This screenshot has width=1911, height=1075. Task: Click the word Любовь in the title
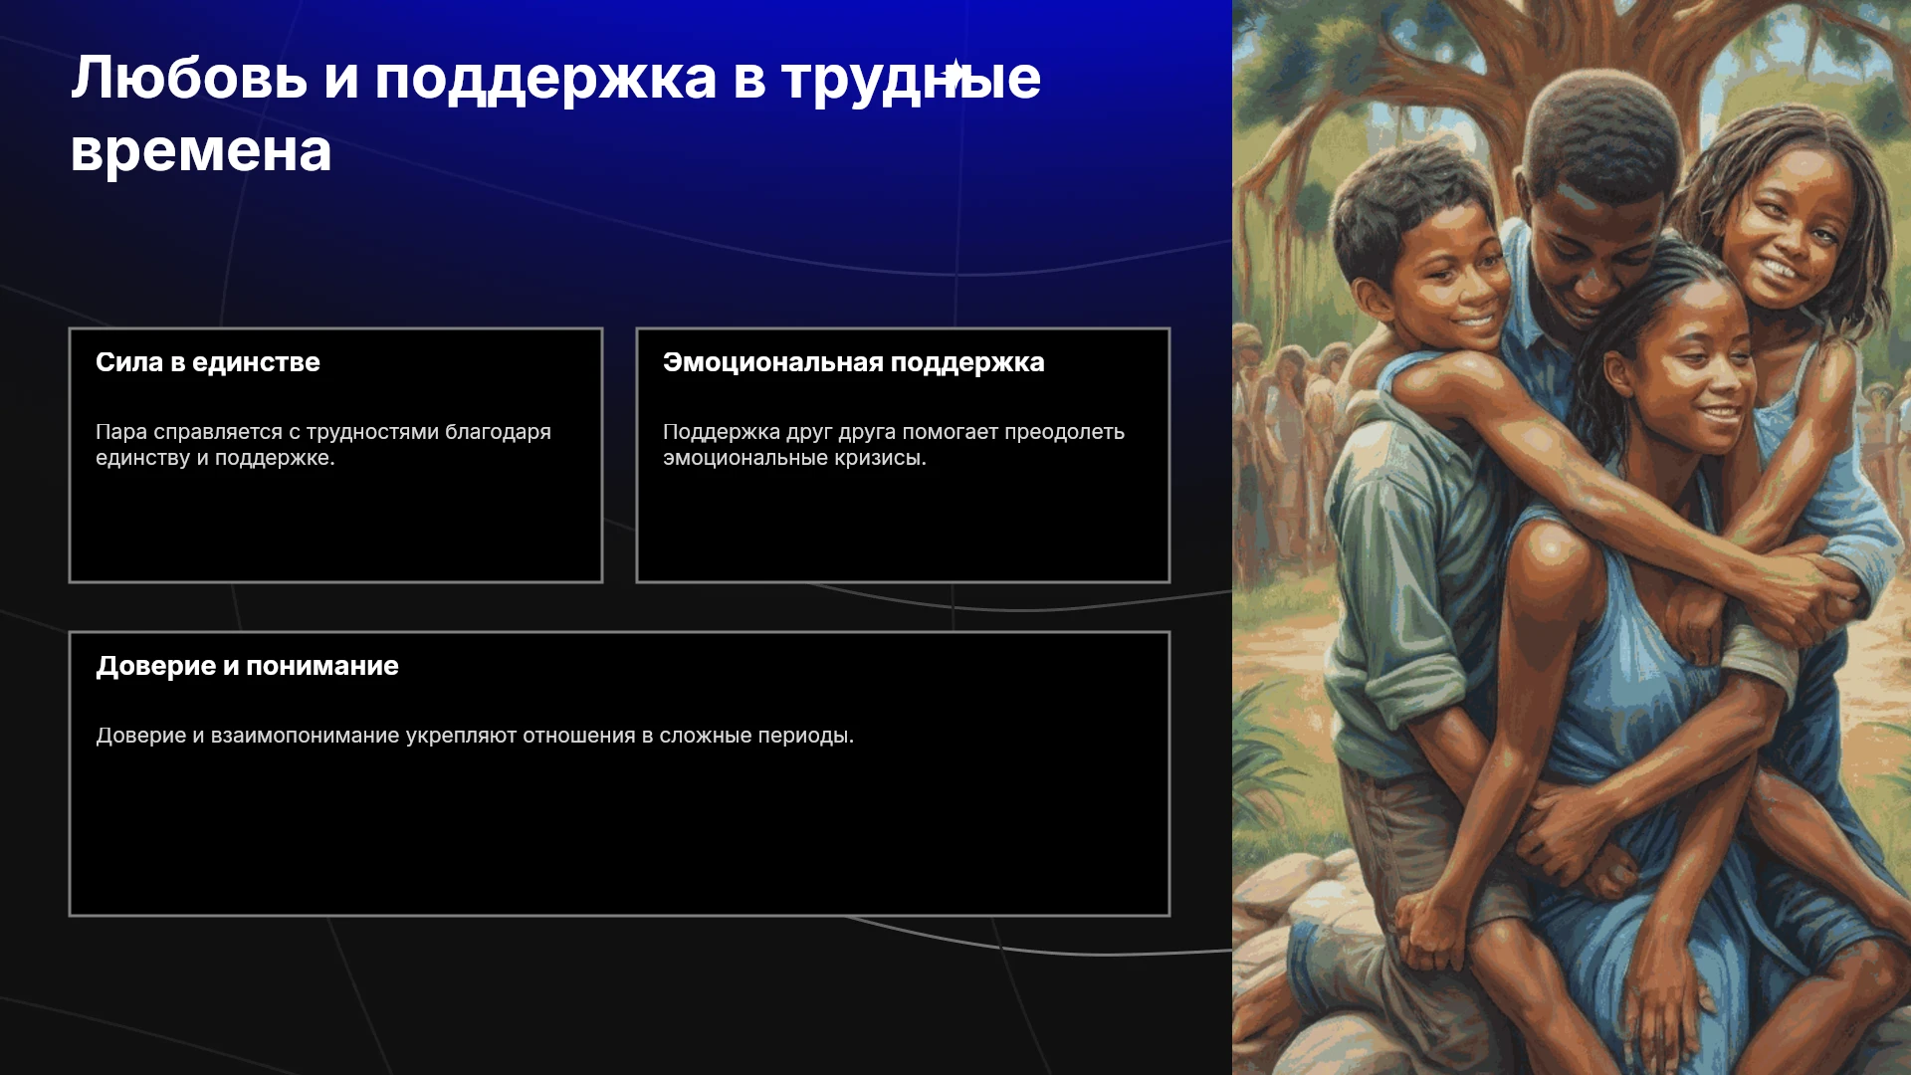[189, 78]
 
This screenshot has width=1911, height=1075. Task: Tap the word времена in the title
[201, 152]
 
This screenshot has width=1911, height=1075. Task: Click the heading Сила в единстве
[208, 362]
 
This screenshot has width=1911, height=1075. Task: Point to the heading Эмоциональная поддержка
[854, 362]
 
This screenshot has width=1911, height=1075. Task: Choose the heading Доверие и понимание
[247, 666]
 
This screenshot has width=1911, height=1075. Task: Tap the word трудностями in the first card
[372, 433]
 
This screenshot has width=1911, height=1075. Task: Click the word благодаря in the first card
[498, 433]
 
